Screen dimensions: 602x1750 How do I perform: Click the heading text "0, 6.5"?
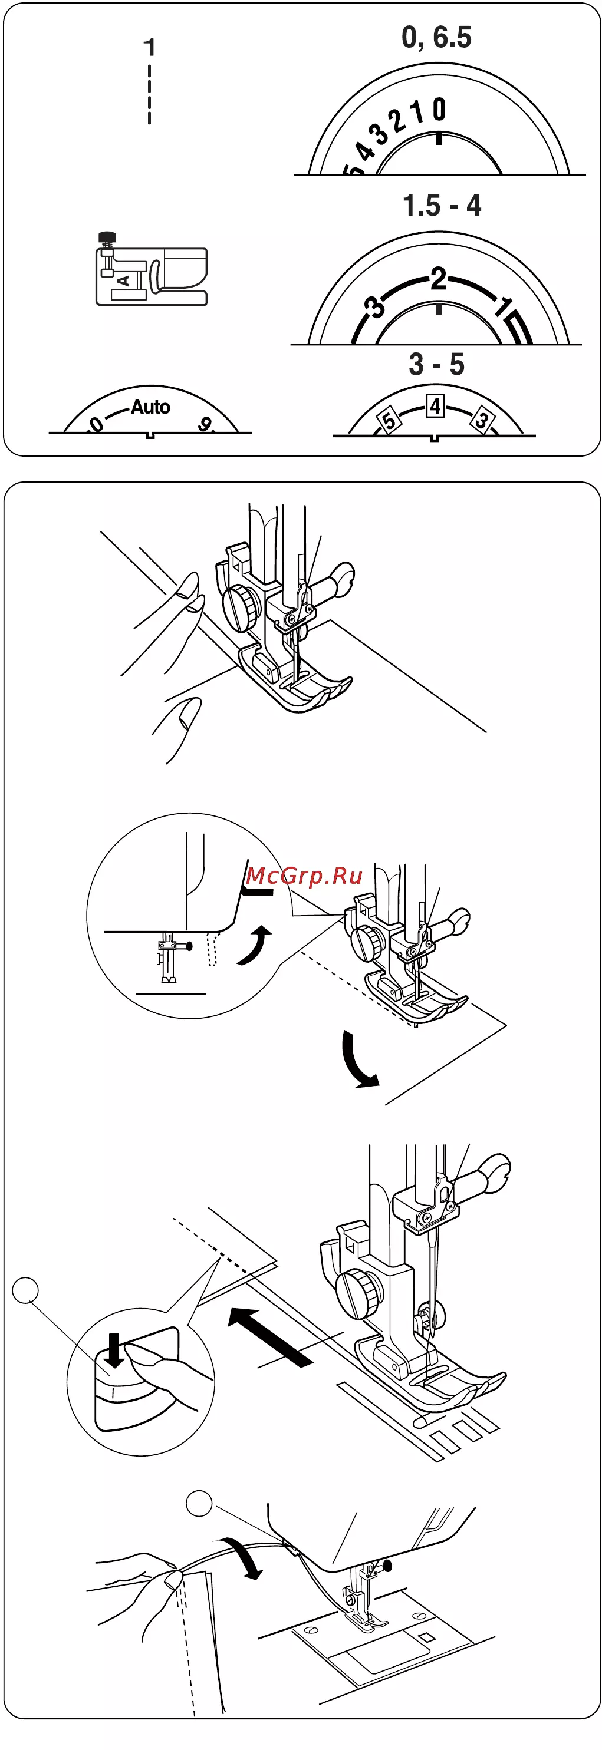click(436, 37)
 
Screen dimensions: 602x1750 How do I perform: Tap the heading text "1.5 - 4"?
click(442, 205)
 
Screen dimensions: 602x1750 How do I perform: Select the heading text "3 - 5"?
click(437, 364)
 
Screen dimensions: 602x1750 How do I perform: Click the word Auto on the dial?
click(150, 407)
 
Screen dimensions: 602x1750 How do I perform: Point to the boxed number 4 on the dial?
click(435, 406)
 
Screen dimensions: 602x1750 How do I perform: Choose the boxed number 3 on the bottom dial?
click(482, 419)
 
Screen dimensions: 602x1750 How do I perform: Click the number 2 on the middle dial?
click(438, 279)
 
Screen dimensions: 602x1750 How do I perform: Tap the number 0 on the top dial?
click(439, 110)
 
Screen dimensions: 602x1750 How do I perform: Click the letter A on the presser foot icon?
click(123, 280)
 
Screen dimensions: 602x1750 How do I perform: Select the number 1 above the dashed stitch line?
click(150, 48)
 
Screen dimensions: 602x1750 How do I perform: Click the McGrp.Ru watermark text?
click(304, 876)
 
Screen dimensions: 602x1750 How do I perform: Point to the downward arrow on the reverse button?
click(115, 1351)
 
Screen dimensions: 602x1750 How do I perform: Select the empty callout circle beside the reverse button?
click(26, 1290)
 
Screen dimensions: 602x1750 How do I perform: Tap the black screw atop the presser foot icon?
click(107, 237)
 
